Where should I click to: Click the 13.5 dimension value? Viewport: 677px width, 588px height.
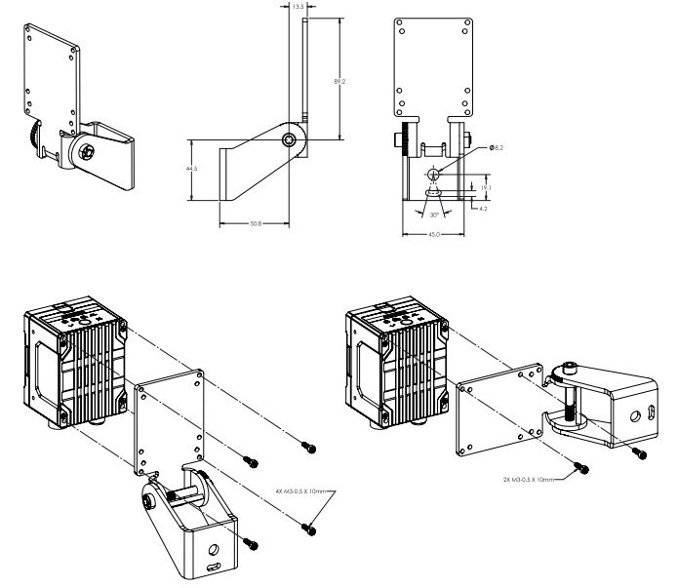298,5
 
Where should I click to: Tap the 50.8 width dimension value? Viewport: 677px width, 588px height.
255,224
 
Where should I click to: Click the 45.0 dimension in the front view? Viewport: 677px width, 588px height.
432,234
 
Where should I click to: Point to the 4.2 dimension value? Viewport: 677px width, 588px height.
480,207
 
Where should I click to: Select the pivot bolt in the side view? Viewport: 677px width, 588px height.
290,140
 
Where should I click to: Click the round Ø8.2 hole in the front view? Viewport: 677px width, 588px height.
434,173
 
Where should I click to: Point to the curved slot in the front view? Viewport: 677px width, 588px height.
433,193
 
